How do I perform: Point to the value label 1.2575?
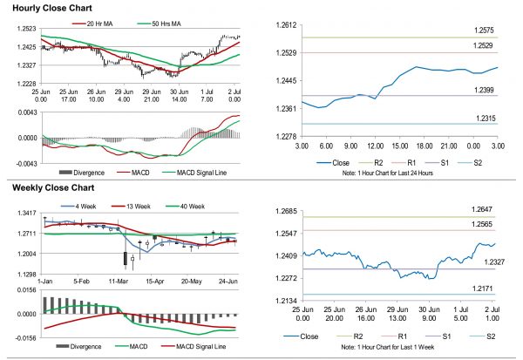coord(474,31)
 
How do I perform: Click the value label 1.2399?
coord(474,90)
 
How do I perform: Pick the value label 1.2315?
coord(474,118)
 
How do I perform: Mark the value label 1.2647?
coord(474,209)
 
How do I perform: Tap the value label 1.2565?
coord(474,224)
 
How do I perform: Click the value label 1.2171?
coord(474,289)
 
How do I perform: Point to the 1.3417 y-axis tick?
coord(24,214)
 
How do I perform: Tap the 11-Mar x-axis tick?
coord(118,283)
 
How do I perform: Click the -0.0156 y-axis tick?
coord(22,335)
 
